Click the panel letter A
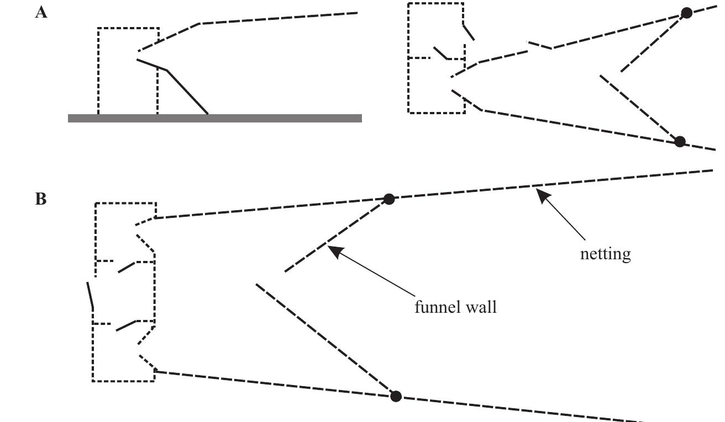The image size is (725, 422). point(41,13)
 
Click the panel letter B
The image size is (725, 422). point(41,199)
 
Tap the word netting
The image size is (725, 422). point(605,254)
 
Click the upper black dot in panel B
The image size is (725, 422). point(389,199)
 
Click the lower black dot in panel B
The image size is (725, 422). point(396,396)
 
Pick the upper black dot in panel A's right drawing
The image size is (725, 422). point(686,13)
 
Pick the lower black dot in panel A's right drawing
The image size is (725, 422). point(680,142)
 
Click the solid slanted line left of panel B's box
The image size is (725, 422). point(90,296)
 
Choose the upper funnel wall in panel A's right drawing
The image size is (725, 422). point(653,43)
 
